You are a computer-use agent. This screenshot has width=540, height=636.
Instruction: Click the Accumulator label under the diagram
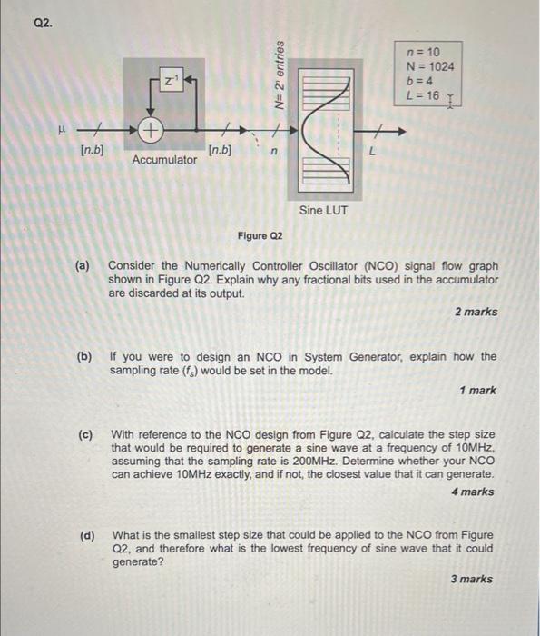click(x=164, y=160)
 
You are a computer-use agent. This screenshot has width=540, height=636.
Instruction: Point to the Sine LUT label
click(x=323, y=211)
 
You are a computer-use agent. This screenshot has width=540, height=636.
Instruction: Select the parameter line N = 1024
click(x=429, y=66)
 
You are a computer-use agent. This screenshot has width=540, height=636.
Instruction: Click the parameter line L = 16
click(x=423, y=95)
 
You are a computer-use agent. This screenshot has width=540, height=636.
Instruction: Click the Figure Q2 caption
click(x=260, y=236)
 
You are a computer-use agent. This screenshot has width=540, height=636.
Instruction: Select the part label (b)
click(x=84, y=356)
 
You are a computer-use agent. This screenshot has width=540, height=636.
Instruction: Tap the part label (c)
click(x=84, y=435)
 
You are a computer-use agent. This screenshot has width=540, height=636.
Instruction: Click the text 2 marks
click(x=476, y=312)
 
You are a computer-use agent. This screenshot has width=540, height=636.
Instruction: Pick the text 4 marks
click(x=472, y=492)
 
